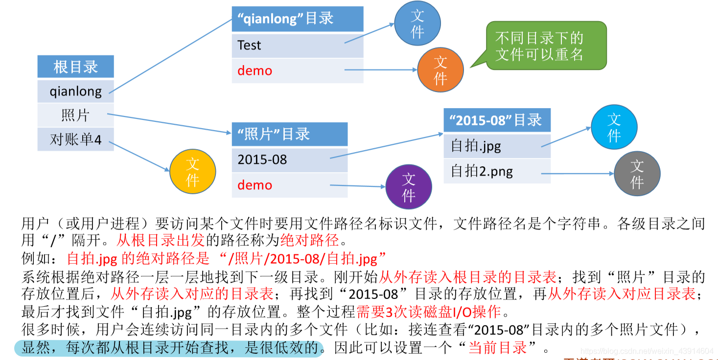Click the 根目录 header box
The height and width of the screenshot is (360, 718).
75,67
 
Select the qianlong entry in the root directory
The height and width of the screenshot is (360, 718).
75,91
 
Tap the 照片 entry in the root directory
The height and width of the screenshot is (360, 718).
75,115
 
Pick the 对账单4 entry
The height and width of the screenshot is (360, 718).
75,139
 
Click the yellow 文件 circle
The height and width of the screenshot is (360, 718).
192,172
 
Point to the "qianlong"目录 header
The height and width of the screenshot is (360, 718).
297,19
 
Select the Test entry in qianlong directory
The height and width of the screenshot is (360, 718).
297,45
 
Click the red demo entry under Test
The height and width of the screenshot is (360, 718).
297,71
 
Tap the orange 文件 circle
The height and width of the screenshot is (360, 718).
440,69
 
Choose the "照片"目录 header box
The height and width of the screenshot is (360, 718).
289,134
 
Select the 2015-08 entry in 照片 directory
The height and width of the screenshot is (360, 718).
289,159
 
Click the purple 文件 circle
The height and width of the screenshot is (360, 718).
408,187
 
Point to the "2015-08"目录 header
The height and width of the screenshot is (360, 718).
497,120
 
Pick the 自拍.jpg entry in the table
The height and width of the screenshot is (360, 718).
497,146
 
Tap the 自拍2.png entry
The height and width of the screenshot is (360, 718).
497,171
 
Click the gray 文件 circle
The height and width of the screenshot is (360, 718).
636,174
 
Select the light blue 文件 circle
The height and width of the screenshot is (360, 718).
614,127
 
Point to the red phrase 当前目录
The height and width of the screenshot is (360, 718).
497,348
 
